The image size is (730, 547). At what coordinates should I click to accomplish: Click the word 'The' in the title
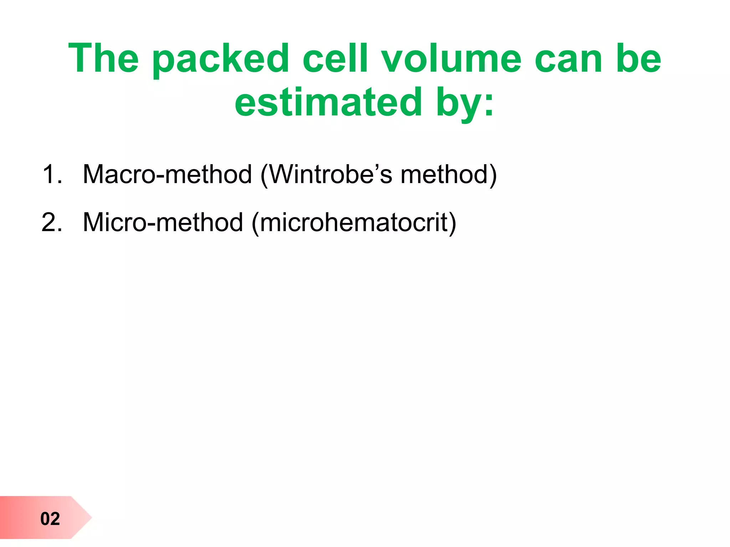pyautogui.click(x=103, y=58)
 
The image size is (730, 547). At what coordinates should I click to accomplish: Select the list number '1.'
pyautogui.click(x=52, y=174)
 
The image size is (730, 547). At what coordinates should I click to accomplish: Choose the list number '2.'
pyautogui.click(x=52, y=222)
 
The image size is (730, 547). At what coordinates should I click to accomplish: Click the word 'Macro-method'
pyautogui.click(x=167, y=174)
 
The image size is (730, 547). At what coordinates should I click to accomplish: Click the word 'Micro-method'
pyautogui.click(x=163, y=222)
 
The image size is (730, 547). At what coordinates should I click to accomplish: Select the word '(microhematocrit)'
pyautogui.click(x=354, y=223)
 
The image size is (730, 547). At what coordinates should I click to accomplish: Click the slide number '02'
pyautogui.click(x=50, y=519)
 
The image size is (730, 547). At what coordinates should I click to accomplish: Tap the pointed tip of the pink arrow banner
pyautogui.click(x=91, y=517)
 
